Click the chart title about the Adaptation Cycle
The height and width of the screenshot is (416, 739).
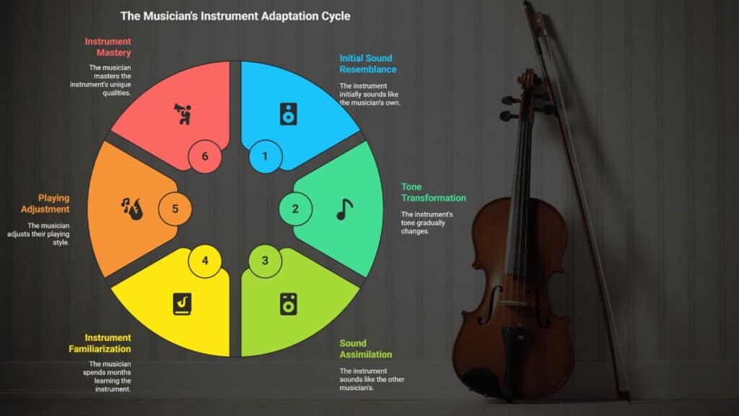click(235, 16)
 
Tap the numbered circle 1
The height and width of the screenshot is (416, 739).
click(266, 156)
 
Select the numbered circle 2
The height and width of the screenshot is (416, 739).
click(295, 209)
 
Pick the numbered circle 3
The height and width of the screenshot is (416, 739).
click(266, 261)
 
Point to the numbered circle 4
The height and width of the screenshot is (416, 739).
click(205, 261)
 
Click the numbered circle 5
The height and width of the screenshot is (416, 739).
click(175, 209)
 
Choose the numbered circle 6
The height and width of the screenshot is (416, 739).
click(205, 156)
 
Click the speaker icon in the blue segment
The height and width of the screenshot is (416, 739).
click(289, 114)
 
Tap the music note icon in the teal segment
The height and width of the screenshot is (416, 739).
click(344, 209)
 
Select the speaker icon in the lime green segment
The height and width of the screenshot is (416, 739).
click(289, 304)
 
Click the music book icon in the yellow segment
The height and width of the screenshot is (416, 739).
click(182, 304)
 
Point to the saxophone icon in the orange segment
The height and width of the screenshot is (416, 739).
click(132, 209)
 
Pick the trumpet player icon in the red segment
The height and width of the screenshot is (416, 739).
click(183, 114)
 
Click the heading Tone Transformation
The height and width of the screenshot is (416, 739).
click(433, 192)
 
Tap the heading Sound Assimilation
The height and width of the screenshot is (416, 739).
click(366, 349)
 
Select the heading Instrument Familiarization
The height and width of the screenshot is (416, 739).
click(100, 343)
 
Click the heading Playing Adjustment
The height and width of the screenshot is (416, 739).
click(45, 204)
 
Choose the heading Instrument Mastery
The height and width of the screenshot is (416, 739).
click(108, 47)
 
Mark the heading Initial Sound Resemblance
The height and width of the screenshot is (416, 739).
click(368, 64)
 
